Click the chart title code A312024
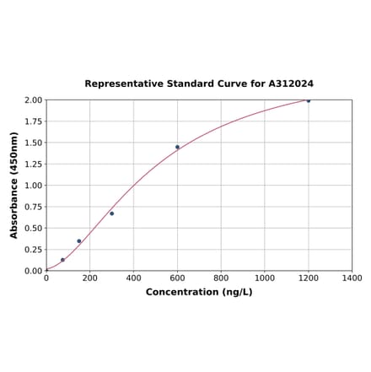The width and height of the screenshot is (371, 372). [x=291, y=84]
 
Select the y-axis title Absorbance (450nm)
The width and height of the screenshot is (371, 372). [x=14, y=185]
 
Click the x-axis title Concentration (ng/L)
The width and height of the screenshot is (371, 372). [x=199, y=293]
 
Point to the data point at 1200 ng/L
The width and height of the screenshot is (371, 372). [x=309, y=100]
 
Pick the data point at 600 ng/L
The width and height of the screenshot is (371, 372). [x=177, y=147]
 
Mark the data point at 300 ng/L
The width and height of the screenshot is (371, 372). [x=111, y=213]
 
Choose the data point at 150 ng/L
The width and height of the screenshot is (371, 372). [x=79, y=241]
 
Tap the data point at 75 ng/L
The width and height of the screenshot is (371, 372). [x=62, y=260]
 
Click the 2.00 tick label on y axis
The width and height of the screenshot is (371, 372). [x=33, y=100]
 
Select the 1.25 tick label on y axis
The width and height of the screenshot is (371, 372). [x=33, y=164]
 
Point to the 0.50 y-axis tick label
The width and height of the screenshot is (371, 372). [x=33, y=229]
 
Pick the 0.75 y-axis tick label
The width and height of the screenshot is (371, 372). [x=33, y=207]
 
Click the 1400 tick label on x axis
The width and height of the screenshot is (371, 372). [x=352, y=278]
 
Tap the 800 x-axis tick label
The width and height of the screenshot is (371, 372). [x=221, y=278]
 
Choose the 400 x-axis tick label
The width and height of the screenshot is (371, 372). [x=133, y=278]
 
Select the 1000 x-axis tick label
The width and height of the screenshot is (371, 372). [x=265, y=278]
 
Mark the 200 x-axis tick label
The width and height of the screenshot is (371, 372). [x=90, y=278]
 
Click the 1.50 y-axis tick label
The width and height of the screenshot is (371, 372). [x=33, y=143]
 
